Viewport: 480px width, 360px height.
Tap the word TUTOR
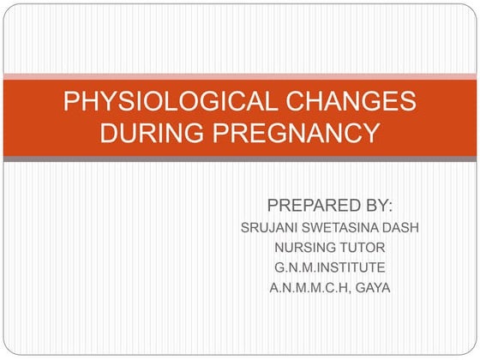coord(363,248)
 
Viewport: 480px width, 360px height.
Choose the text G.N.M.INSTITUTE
coord(329,267)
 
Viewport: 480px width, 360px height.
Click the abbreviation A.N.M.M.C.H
coord(306,287)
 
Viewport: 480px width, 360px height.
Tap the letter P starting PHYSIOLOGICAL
coord(71,101)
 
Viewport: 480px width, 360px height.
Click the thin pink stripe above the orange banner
coord(240,76)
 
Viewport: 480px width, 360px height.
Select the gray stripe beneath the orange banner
coord(240,159)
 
